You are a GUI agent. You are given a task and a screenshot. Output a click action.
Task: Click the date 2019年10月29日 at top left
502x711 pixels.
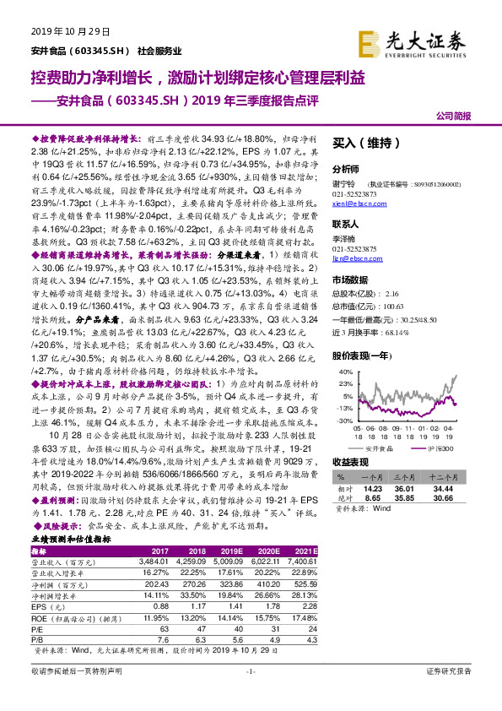(x=70, y=31)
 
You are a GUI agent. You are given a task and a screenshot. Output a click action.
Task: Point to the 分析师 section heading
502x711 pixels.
(x=347, y=169)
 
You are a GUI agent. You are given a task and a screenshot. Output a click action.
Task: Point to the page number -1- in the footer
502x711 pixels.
(x=251, y=693)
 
